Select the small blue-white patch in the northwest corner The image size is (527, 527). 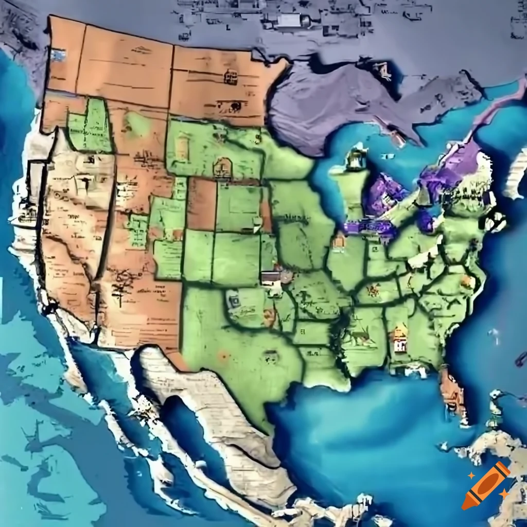[58, 55]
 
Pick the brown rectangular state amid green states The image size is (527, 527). [201, 203]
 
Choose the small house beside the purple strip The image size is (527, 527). [339, 240]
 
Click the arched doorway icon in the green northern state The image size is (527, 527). [223, 167]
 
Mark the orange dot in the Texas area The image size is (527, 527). [223, 355]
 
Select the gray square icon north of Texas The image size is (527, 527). [235, 300]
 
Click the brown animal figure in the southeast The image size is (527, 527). [361, 337]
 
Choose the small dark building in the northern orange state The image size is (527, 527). [231, 77]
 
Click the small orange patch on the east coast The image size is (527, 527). [467, 280]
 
